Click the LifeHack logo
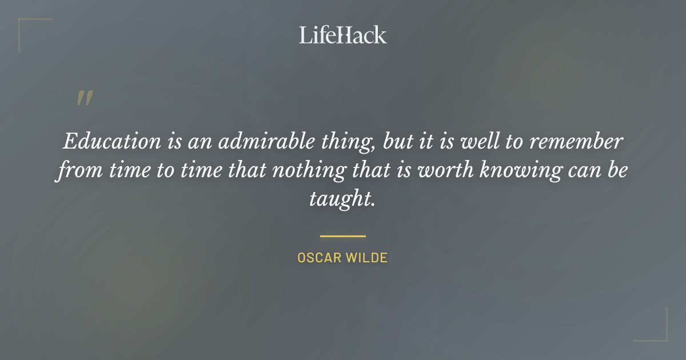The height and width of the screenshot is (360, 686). pos(342,35)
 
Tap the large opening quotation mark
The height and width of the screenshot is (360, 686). pos(85,99)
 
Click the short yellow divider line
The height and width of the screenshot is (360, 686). pos(342,235)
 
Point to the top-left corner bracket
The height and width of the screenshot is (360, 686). pos(26,26)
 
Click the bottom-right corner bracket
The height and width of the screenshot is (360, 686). pos(660,334)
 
